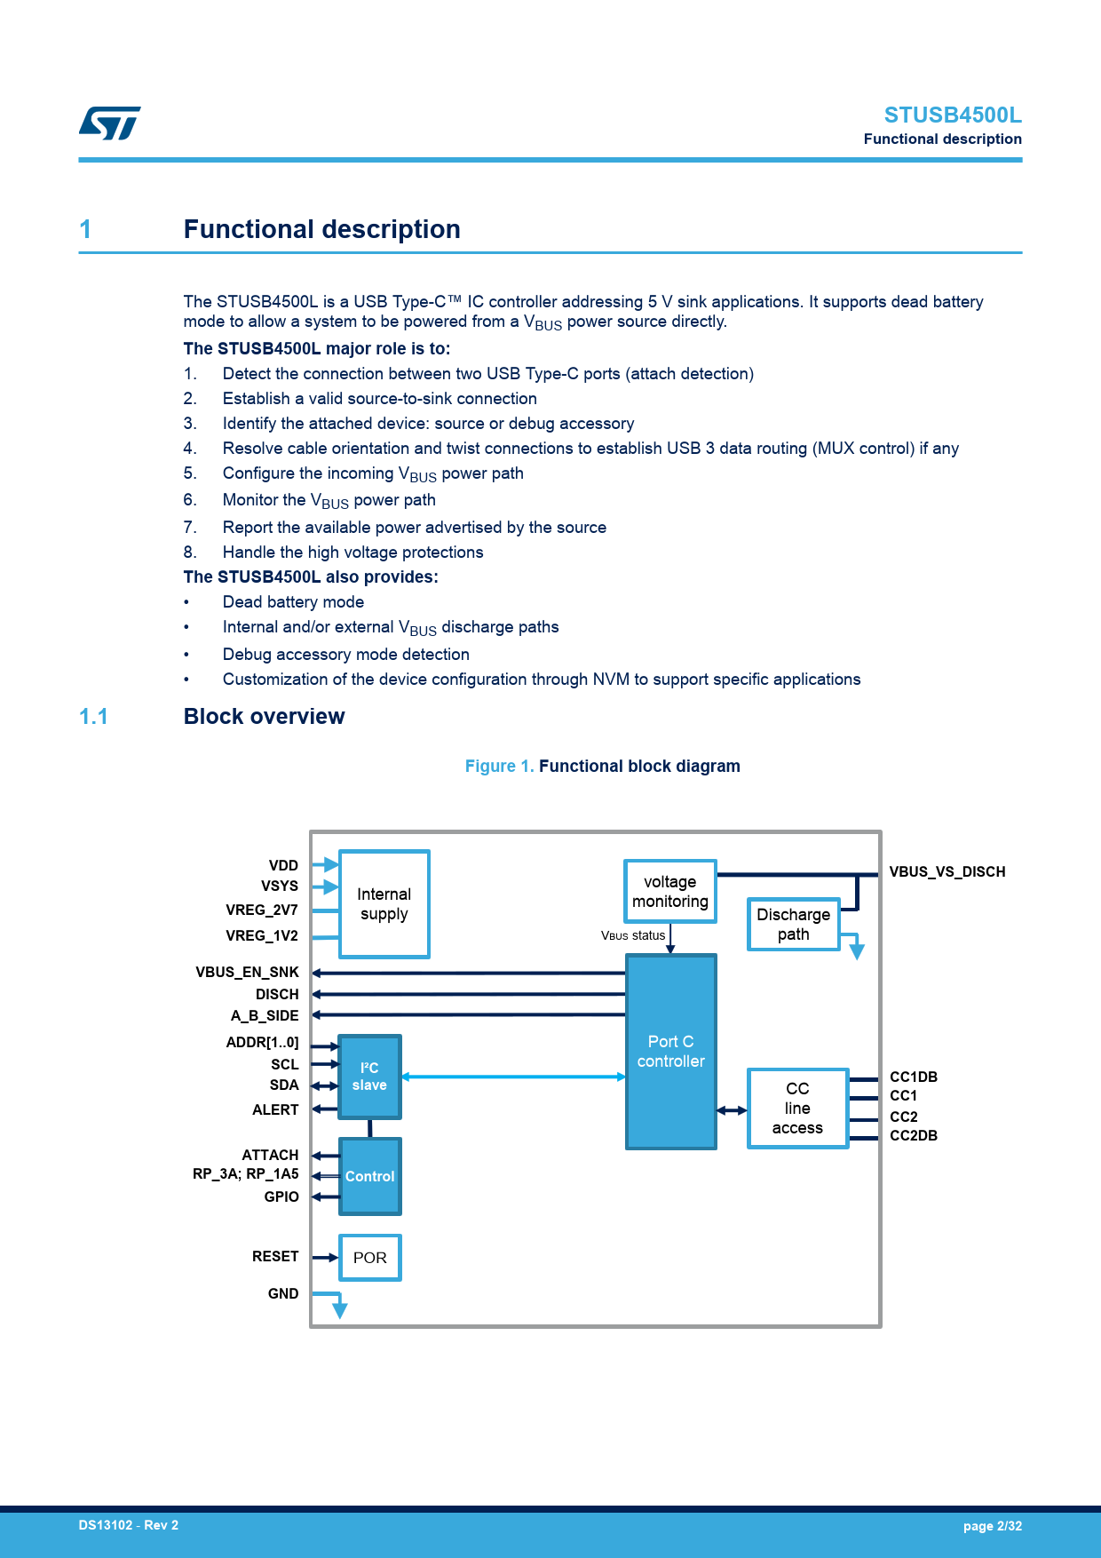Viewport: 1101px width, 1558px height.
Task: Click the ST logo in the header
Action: pyautogui.click(x=110, y=123)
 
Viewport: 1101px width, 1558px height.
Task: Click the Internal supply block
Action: pyautogui.click(x=384, y=904)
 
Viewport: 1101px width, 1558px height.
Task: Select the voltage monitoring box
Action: pyautogui.click(x=670, y=891)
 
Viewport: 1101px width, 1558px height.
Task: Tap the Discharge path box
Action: pyautogui.click(x=793, y=924)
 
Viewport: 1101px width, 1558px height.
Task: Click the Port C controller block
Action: pyautogui.click(x=670, y=1052)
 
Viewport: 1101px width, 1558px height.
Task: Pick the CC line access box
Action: pyautogui.click(x=797, y=1108)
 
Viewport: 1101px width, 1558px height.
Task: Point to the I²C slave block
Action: pyautogui.click(x=369, y=1077)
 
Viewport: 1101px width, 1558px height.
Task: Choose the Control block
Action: pyautogui.click(x=369, y=1176)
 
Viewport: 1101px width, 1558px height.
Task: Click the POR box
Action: pyautogui.click(x=370, y=1258)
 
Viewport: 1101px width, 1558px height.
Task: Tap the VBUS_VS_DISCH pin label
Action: pyautogui.click(x=947, y=872)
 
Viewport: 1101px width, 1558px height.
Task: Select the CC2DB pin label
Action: pyautogui.click(x=914, y=1136)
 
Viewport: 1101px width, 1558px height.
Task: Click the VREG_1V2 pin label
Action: pyautogui.click(x=262, y=936)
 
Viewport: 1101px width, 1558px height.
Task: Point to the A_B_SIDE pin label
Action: pyautogui.click(x=265, y=1016)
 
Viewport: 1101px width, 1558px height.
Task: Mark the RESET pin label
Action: pyautogui.click(x=275, y=1257)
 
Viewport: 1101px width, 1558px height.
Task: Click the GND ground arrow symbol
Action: pyautogui.click(x=339, y=1308)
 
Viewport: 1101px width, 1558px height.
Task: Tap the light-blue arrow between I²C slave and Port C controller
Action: pyautogui.click(x=515, y=1077)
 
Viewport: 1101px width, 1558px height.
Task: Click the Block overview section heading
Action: pyautogui.click(x=264, y=717)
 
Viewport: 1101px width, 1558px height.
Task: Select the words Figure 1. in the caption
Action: pyautogui.click(x=499, y=767)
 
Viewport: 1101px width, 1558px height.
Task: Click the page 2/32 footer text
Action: pyautogui.click(x=992, y=1526)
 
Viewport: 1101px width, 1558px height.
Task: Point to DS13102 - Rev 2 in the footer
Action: pyautogui.click(x=129, y=1525)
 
